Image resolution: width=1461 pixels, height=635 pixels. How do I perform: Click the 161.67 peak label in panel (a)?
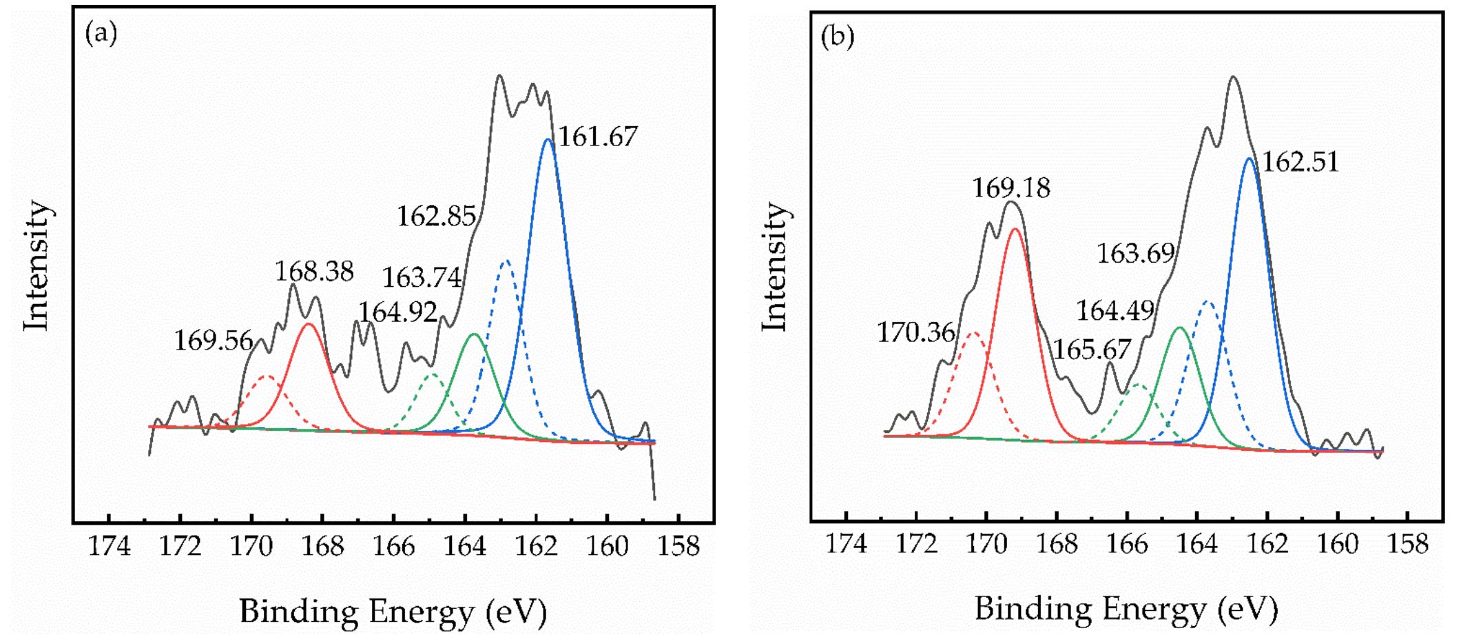pos(597,137)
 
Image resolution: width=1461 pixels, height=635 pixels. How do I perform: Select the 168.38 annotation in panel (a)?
pos(314,272)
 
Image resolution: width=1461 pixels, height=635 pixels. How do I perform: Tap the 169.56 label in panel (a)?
pos(213,341)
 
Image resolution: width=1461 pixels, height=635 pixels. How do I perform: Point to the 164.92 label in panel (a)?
pos(397,312)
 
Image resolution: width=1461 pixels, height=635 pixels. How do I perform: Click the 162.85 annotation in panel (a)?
pos(436,216)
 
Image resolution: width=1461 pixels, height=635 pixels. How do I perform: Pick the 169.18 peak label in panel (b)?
pos(1011,188)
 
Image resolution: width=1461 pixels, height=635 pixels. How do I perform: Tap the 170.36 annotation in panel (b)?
pos(916,334)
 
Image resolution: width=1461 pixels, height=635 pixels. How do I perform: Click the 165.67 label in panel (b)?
pos(1092,350)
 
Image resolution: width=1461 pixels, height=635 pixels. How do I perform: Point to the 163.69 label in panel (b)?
pos(1135,254)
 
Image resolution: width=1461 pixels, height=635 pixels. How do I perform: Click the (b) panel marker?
pos(838,37)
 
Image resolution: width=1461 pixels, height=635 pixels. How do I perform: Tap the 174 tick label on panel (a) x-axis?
pos(110,547)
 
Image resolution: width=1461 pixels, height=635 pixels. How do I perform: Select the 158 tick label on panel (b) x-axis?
pos(1408,544)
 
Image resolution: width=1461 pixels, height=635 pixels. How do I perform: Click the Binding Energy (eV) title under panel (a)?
pos(393,611)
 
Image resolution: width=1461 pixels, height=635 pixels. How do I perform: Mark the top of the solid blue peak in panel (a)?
pos(548,140)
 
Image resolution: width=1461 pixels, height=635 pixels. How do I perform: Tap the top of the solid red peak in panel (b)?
pos(1014,229)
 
